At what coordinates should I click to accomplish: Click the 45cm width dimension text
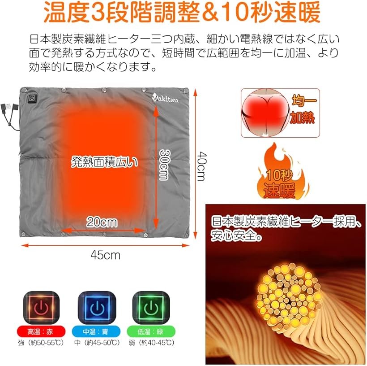point(105,255)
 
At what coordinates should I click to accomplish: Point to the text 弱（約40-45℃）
point(152,343)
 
